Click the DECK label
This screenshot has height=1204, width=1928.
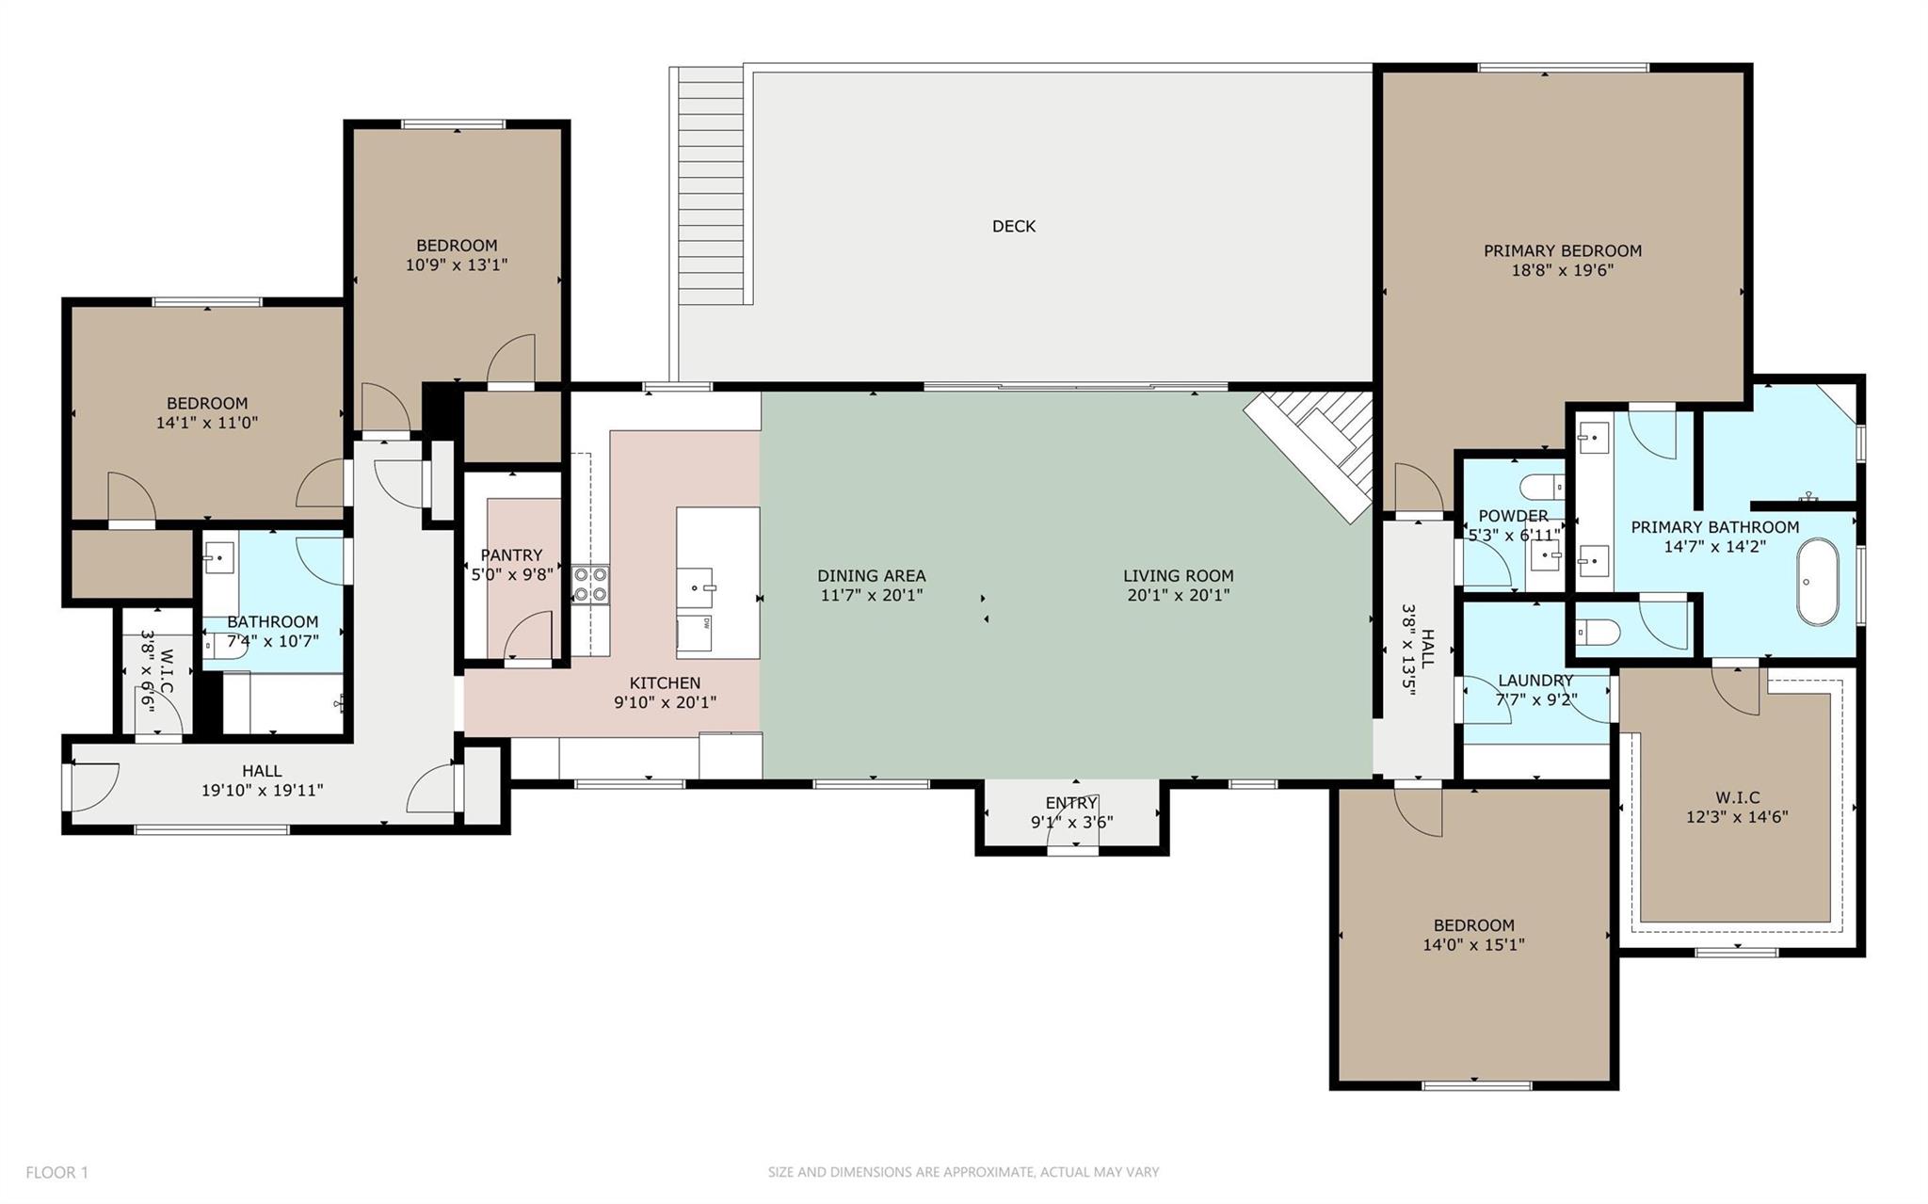[1014, 226]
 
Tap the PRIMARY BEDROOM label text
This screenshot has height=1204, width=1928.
[1563, 250]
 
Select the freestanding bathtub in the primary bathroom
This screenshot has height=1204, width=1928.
[1817, 582]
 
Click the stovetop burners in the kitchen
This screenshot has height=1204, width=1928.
[590, 584]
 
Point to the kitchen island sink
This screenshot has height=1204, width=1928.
[701, 586]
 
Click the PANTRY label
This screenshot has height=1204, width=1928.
[512, 555]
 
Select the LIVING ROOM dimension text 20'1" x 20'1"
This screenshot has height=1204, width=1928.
[1179, 595]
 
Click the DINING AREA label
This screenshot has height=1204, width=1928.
[872, 575]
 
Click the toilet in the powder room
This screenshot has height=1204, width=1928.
[1542, 487]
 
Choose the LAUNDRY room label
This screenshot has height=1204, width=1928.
[1535, 680]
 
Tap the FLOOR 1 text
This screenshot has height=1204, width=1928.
[56, 1172]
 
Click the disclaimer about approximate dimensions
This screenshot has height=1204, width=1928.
[963, 1172]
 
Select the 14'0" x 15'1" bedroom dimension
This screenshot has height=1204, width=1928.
[1474, 944]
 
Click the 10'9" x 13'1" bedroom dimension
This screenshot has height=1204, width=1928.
[457, 265]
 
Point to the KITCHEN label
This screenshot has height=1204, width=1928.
[665, 682]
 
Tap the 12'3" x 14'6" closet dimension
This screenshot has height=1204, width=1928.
[1737, 816]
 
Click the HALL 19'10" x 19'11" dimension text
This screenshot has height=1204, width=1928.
[262, 790]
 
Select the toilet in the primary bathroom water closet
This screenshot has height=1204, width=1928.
[1597, 631]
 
